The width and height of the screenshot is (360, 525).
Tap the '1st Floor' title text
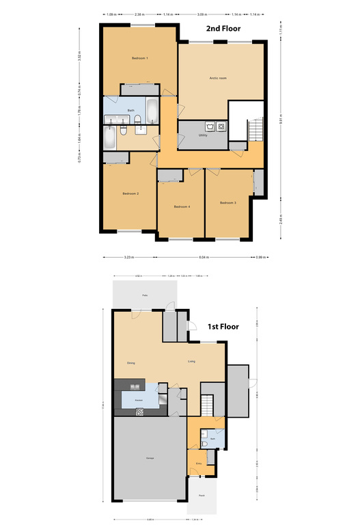tap(223, 327)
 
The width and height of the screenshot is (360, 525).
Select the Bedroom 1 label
tap(140, 59)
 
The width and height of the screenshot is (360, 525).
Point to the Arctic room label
tap(218, 79)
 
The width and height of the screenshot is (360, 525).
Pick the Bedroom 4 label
tap(181, 206)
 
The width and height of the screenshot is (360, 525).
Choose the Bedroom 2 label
tap(130, 194)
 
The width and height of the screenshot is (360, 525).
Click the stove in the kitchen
tap(140, 411)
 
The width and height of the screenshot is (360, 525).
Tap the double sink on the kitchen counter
tap(163, 399)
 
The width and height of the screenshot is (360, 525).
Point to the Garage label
tap(149, 458)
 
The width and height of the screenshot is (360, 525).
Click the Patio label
tap(145, 295)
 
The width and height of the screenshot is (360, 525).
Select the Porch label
tap(202, 495)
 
